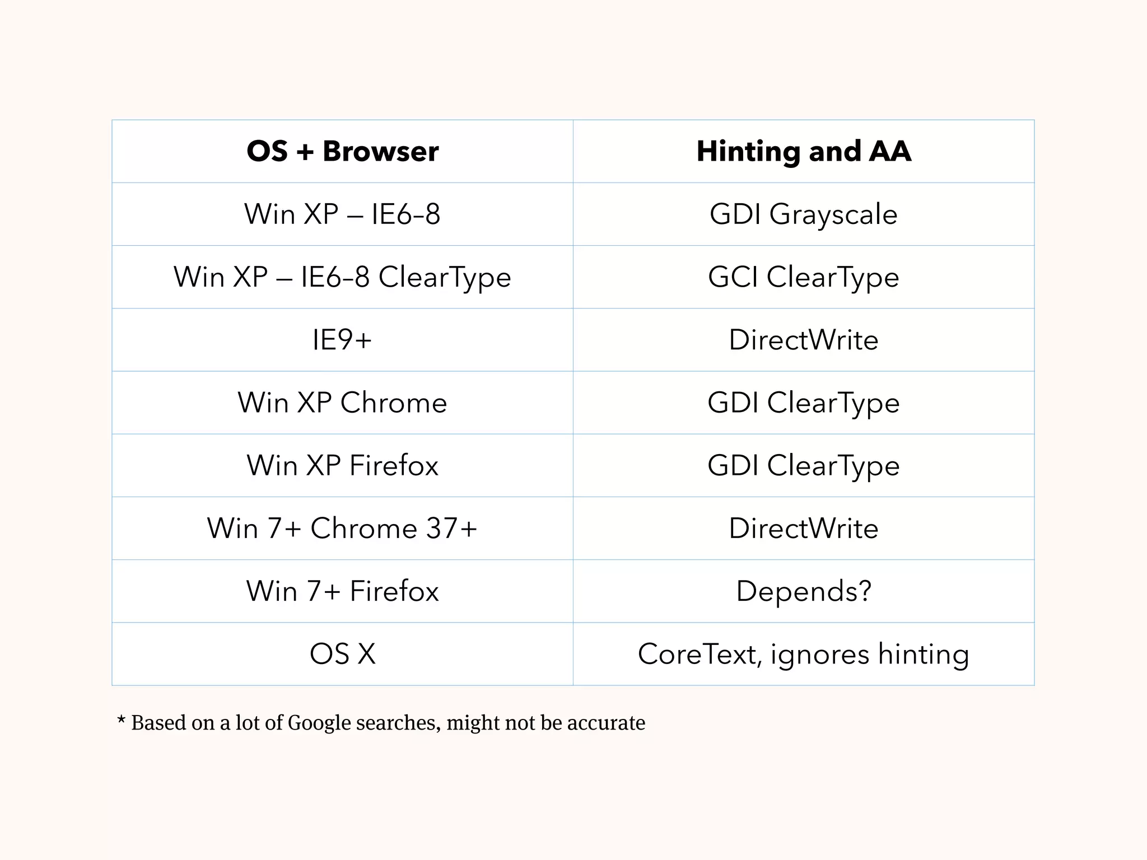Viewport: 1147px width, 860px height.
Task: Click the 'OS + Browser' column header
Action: pyautogui.click(x=342, y=151)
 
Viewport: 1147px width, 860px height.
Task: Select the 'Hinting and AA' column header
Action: pyautogui.click(x=804, y=151)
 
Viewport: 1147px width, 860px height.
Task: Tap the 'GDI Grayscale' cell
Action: pyautogui.click(x=804, y=214)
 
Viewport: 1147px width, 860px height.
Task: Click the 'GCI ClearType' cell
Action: pyautogui.click(x=804, y=277)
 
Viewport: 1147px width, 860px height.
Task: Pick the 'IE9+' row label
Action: pyautogui.click(x=342, y=340)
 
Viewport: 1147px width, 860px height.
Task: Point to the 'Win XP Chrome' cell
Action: pyautogui.click(x=342, y=403)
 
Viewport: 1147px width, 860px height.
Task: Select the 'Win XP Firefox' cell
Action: pyautogui.click(x=342, y=465)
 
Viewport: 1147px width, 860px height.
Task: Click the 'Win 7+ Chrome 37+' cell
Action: pyautogui.click(x=342, y=528)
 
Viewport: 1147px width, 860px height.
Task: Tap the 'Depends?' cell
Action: pyautogui.click(x=804, y=591)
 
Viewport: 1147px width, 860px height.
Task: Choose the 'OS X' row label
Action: pyautogui.click(x=342, y=653)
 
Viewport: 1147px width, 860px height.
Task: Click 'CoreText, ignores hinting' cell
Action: pyautogui.click(x=804, y=654)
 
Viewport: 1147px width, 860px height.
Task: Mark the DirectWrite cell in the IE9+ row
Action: pyautogui.click(x=804, y=340)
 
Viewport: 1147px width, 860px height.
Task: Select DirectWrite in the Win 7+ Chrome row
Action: pyautogui.click(x=804, y=528)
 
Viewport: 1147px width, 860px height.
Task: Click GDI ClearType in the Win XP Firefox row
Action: pyautogui.click(x=804, y=465)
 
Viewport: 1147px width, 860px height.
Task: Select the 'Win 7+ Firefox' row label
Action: pyautogui.click(x=342, y=591)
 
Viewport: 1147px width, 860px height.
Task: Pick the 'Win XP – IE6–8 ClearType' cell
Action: pyautogui.click(x=342, y=277)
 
